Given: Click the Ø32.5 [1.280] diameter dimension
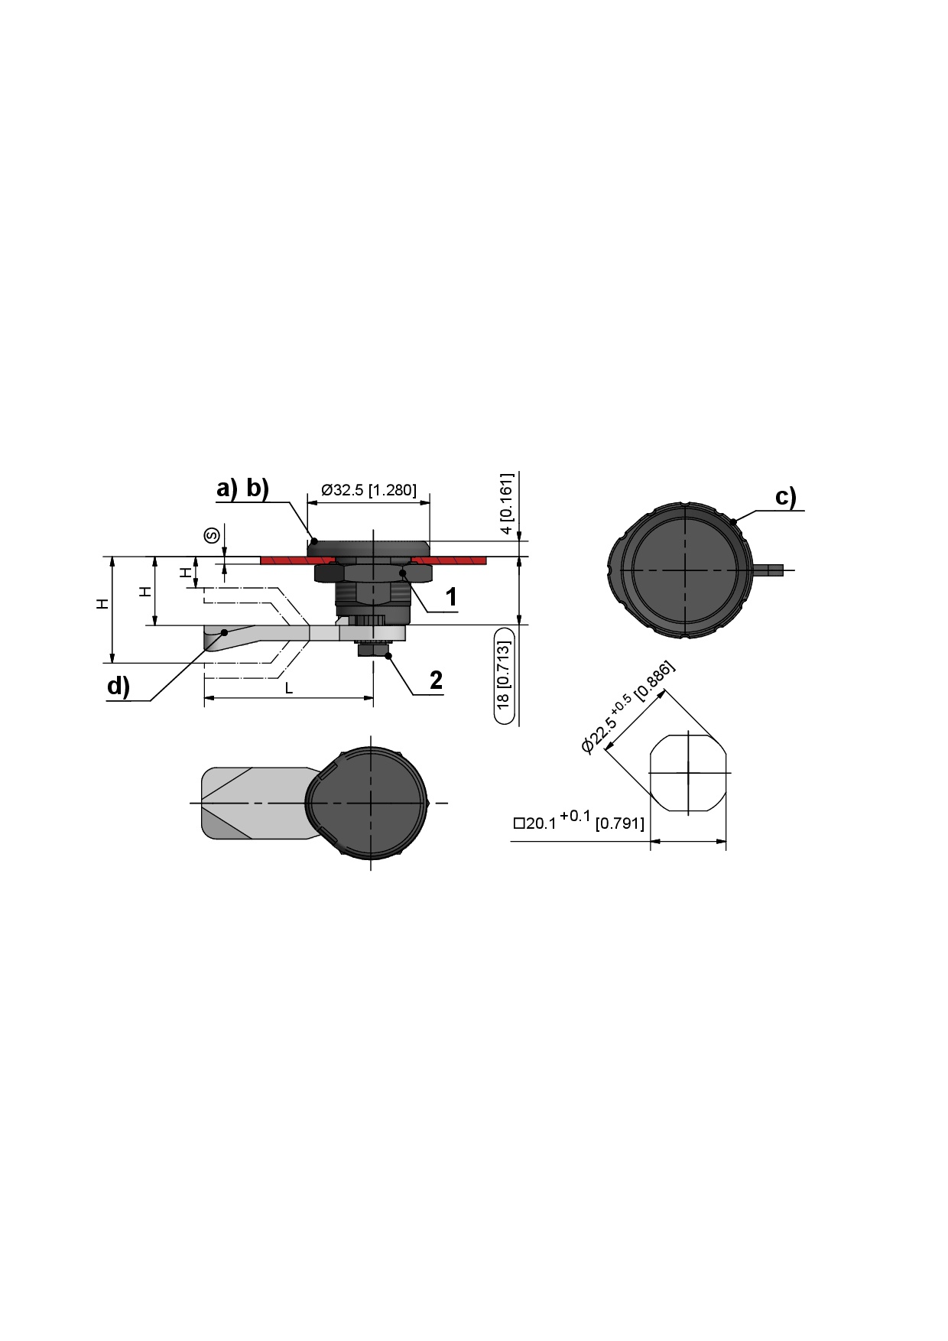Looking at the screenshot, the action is click(x=368, y=490).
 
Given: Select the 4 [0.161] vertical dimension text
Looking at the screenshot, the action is click(x=507, y=504).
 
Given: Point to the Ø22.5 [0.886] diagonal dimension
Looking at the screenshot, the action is click(x=628, y=706).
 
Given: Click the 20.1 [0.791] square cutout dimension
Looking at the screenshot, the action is click(x=579, y=820).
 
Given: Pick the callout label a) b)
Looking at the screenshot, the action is click(x=242, y=488).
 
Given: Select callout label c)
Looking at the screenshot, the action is click(x=785, y=497).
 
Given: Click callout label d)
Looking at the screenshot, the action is click(x=118, y=687).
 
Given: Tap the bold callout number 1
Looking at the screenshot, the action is click(x=452, y=597).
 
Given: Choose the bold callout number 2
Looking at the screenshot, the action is click(x=436, y=680).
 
